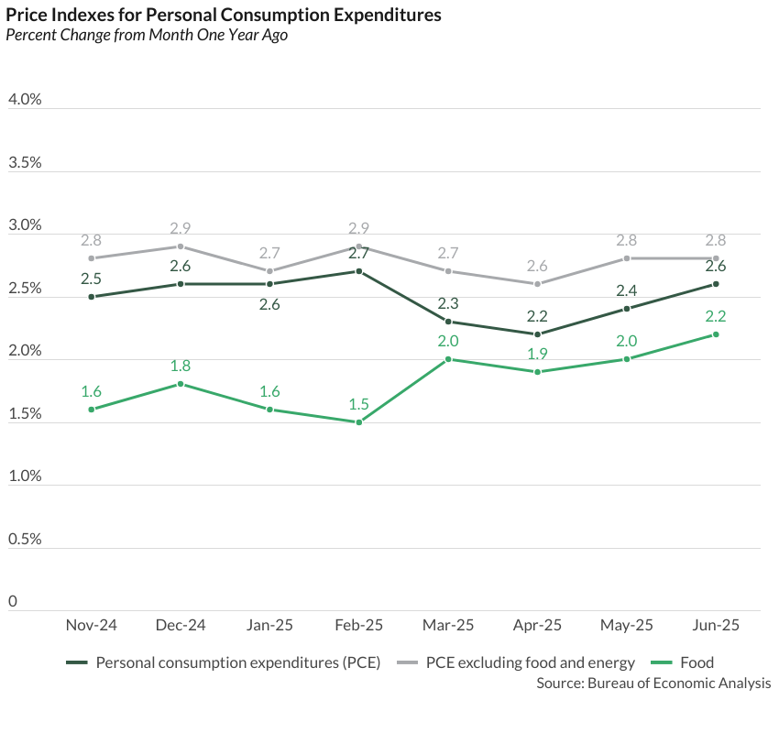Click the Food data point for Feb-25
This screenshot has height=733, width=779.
tap(359, 422)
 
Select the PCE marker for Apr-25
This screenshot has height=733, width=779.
tap(537, 334)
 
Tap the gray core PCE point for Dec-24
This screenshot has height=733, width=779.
tap(181, 246)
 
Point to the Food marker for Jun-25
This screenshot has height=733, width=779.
tap(716, 334)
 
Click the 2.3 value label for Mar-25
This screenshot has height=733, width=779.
tap(448, 303)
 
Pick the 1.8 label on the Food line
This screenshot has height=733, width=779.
tap(181, 366)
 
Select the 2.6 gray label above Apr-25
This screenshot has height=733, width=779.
tap(537, 266)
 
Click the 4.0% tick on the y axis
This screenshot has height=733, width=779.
tap(25, 100)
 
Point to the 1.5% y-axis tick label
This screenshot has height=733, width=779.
tap(25, 414)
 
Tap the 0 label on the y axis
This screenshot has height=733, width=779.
tap(13, 602)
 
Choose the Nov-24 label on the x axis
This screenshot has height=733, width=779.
tap(92, 626)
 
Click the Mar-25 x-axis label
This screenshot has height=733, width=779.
tap(448, 626)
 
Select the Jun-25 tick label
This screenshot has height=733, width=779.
tap(716, 626)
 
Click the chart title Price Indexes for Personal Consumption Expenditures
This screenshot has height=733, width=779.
tap(224, 16)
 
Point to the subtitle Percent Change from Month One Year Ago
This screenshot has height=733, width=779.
tap(147, 36)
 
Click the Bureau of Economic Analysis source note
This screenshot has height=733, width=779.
tap(653, 684)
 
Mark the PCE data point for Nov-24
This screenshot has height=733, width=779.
tap(92, 297)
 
